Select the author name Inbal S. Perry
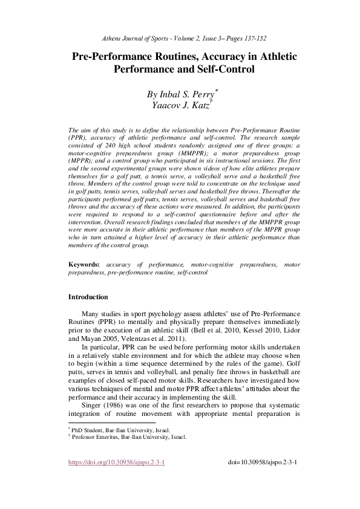(x=180, y=95)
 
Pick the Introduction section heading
(x=88, y=297)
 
